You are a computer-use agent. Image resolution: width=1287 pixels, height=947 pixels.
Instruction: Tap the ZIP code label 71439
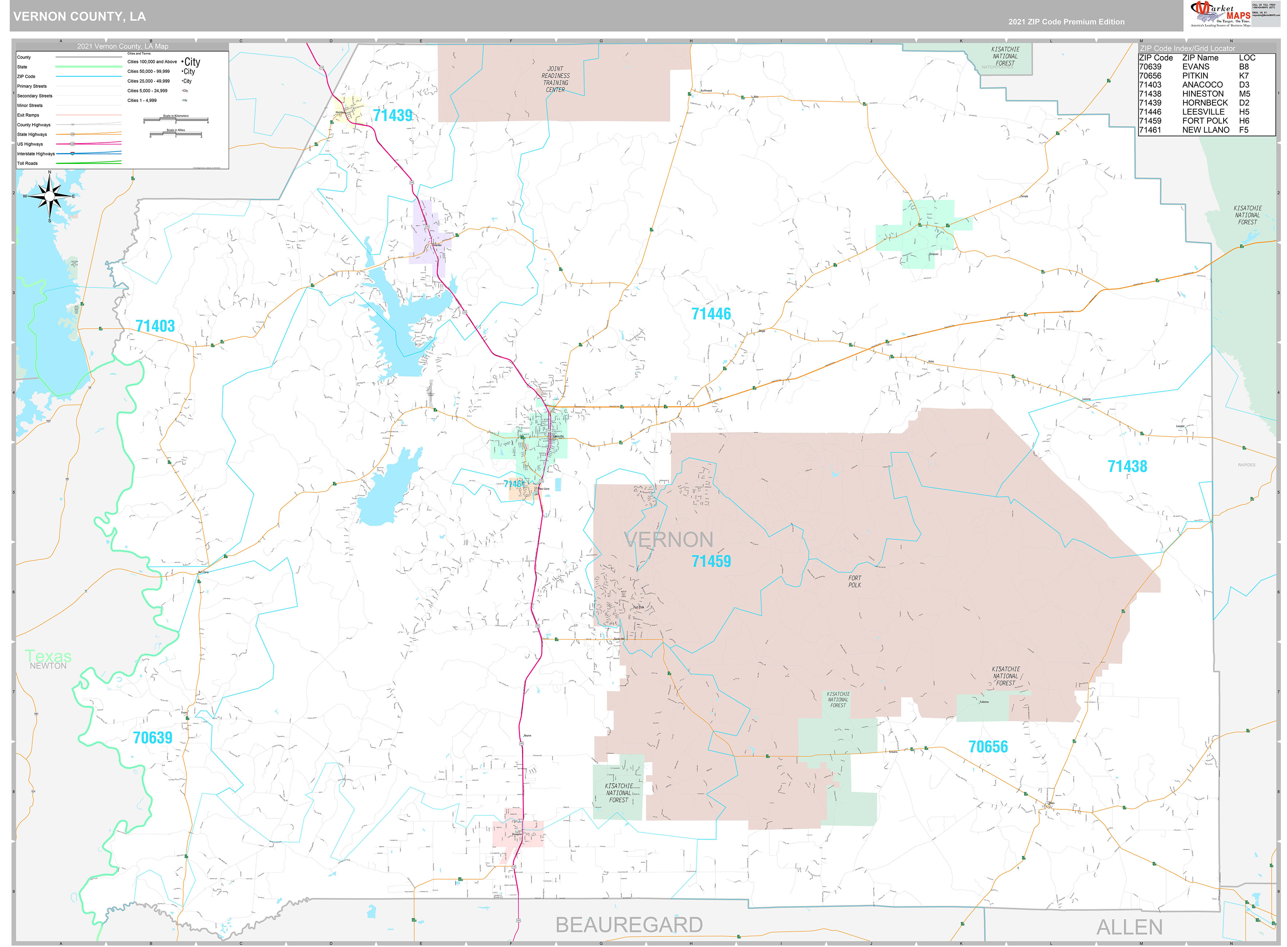(x=393, y=115)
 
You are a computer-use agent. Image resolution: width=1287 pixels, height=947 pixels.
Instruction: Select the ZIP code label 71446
(x=711, y=314)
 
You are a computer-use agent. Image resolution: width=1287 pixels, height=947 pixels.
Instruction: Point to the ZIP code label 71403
(x=155, y=326)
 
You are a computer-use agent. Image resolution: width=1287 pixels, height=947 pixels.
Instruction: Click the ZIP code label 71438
(x=1127, y=466)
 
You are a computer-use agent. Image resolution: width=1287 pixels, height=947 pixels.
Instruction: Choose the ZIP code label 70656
(x=988, y=746)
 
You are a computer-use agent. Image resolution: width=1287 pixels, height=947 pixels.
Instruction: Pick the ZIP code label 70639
(x=153, y=737)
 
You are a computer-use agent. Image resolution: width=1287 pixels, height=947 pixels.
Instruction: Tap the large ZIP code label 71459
(x=711, y=561)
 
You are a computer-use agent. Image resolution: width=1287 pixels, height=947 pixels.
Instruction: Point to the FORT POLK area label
(x=854, y=581)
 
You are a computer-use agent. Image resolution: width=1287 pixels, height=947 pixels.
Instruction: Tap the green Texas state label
(x=48, y=656)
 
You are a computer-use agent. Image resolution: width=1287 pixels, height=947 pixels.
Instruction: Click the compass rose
(x=49, y=196)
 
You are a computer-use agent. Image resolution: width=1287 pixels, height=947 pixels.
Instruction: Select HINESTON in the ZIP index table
(x=1203, y=94)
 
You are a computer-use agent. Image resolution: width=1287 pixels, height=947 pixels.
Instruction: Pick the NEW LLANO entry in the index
(x=1206, y=130)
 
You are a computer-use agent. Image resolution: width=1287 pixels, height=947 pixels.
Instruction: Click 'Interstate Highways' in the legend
(x=36, y=154)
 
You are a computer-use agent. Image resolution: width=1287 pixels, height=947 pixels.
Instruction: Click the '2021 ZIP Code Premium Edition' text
(x=1066, y=22)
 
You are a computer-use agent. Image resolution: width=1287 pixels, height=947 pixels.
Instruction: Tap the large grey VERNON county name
(x=668, y=539)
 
